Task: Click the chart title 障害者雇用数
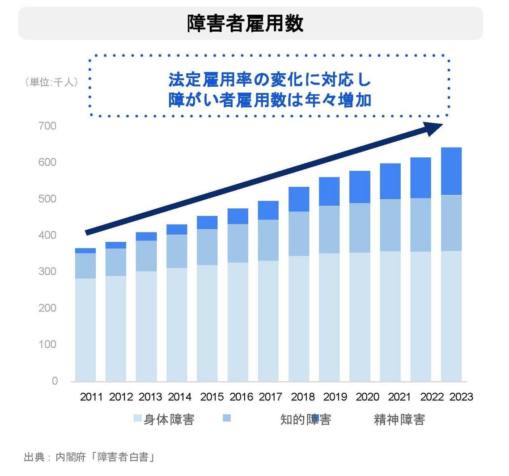(x=245, y=24)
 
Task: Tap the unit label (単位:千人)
(x=51, y=82)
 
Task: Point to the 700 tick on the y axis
(x=47, y=126)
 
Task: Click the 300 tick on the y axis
(x=47, y=271)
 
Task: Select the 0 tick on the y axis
(x=55, y=381)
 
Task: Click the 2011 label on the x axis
(x=91, y=397)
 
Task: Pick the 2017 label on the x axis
(x=270, y=397)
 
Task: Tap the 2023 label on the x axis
(x=461, y=397)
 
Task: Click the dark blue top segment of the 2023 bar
(x=451, y=171)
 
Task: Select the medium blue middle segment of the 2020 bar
(x=360, y=228)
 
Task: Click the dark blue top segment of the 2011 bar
(x=85, y=251)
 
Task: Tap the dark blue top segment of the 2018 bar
(x=299, y=199)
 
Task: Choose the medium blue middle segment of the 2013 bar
(x=146, y=256)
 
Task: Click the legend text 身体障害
(x=169, y=420)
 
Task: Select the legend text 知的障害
(x=305, y=420)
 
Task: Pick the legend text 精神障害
(x=399, y=420)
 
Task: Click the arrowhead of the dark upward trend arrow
(x=434, y=128)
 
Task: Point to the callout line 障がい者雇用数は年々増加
(x=270, y=100)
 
